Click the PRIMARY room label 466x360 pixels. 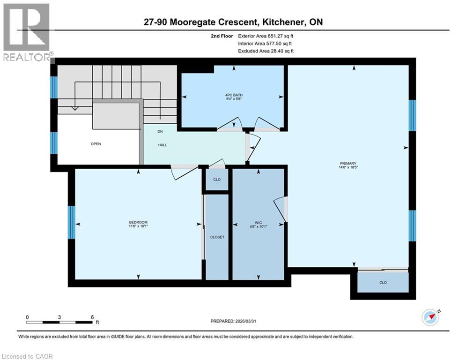[x=348, y=164]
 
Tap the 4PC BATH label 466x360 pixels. [x=232, y=96]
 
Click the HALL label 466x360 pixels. [x=162, y=145]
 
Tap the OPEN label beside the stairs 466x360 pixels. [x=96, y=144]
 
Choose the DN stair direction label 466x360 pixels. [x=160, y=132]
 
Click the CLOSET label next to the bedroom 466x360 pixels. [x=217, y=237]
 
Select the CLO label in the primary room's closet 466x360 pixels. [x=383, y=283]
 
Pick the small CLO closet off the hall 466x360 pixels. [x=217, y=180]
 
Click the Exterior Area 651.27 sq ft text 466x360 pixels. [x=266, y=36]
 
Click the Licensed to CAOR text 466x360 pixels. [x=28, y=356]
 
